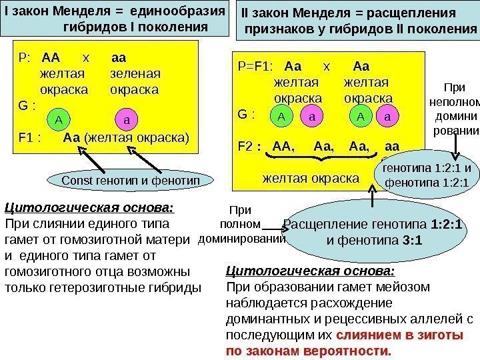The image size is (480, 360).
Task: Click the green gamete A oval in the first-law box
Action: [x=59, y=120]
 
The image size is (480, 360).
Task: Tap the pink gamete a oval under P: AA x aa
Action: [x=127, y=120]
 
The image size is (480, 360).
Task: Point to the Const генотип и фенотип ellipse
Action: [x=125, y=180]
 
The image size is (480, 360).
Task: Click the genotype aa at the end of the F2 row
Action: [x=393, y=145]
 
